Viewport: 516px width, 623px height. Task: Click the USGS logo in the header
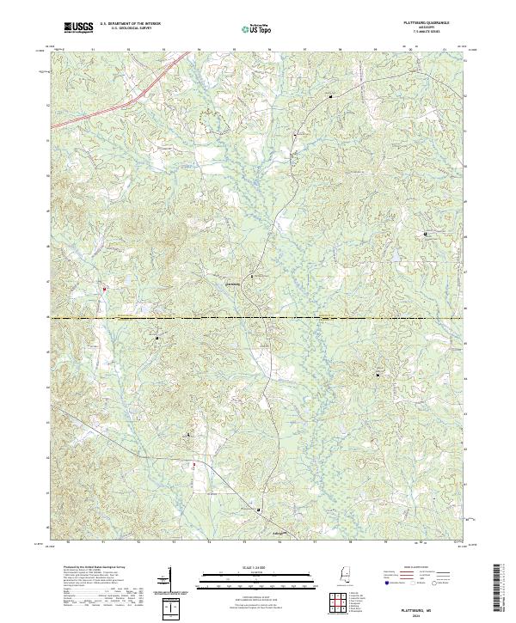click(x=78, y=27)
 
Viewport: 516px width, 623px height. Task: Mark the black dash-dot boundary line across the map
click(x=258, y=318)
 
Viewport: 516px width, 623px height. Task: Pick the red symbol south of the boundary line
click(x=193, y=465)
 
